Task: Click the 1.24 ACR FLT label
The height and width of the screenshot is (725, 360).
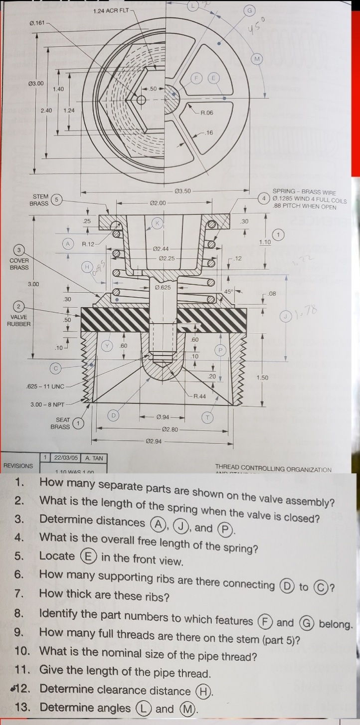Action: pyautogui.click(x=113, y=11)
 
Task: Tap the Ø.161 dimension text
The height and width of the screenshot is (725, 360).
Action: pyautogui.click(x=38, y=23)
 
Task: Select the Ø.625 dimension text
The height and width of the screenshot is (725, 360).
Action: pyautogui.click(x=164, y=288)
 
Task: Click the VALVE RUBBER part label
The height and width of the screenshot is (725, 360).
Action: pyautogui.click(x=18, y=320)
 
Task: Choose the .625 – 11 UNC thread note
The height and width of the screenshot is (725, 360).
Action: pyautogui.click(x=45, y=386)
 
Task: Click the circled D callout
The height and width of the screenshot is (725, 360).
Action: pyautogui.click(x=113, y=415)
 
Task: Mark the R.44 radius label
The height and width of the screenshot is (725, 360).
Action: pyautogui.click(x=200, y=396)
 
